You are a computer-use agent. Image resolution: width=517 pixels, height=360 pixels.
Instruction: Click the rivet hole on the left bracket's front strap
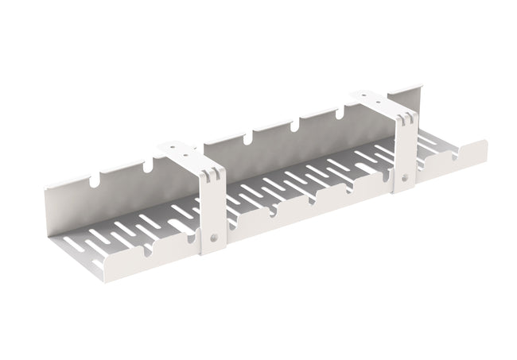pos(215,236)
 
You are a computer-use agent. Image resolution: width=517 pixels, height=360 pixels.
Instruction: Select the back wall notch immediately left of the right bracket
pos(342,113)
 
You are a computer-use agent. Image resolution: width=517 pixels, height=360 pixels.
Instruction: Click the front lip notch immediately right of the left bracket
pos(272,211)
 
